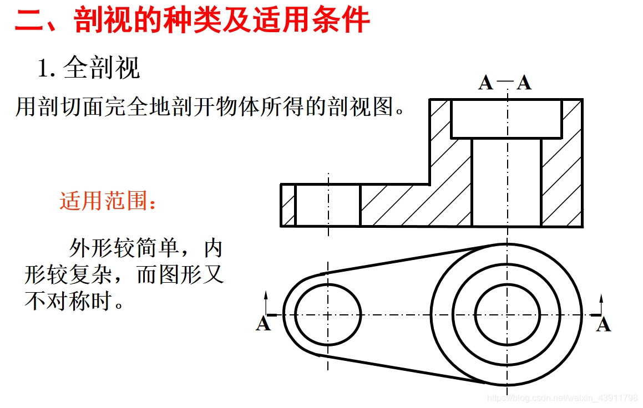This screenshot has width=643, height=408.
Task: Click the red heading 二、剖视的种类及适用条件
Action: [x=192, y=21]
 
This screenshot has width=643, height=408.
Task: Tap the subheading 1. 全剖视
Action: [x=89, y=68]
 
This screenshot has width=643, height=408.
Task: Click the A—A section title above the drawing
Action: [x=505, y=83]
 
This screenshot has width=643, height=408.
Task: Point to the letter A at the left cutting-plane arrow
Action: [x=263, y=324]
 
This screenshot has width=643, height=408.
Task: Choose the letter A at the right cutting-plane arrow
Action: [x=604, y=324]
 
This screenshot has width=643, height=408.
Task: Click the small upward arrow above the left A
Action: [x=266, y=302]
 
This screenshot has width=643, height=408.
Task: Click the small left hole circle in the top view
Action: [x=328, y=315]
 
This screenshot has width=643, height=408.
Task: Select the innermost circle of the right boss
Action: [x=507, y=315]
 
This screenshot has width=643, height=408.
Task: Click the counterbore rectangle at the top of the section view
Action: [x=506, y=119]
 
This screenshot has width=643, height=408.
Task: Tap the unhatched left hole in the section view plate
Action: [x=327, y=205]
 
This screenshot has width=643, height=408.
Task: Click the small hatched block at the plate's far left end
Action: [x=288, y=205]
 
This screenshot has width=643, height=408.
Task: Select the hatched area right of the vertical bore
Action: [x=561, y=183]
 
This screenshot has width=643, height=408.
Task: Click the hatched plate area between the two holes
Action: [x=395, y=205]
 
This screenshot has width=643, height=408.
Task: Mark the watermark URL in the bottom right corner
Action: [x=562, y=398]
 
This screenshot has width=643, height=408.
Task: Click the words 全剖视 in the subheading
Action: [x=102, y=68]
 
